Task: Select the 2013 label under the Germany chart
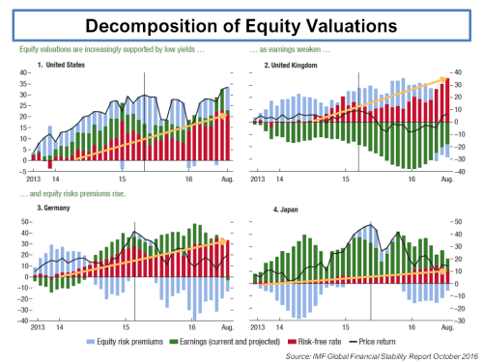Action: click(38, 327)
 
